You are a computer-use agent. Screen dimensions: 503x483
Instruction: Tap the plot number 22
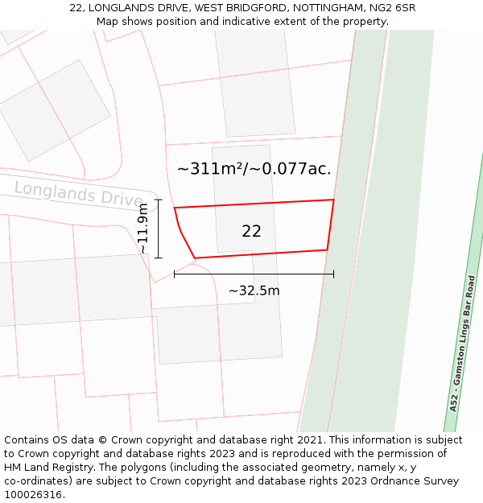click(251, 231)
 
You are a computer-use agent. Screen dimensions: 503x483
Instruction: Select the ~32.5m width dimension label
click(254, 291)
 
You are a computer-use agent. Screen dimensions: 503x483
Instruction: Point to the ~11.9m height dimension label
click(143, 229)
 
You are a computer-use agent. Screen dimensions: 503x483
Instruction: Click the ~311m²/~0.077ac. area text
click(254, 169)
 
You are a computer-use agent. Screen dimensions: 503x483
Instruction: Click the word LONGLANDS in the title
click(118, 8)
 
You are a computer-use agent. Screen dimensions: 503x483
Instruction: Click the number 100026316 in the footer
click(33, 494)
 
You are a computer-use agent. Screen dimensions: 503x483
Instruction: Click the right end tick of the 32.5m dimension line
click(333, 274)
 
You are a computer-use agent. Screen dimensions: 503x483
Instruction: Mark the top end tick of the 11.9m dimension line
click(158, 200)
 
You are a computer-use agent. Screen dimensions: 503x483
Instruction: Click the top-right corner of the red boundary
click(333, 200)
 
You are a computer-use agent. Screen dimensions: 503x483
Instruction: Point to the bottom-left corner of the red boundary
click(195, 258)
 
